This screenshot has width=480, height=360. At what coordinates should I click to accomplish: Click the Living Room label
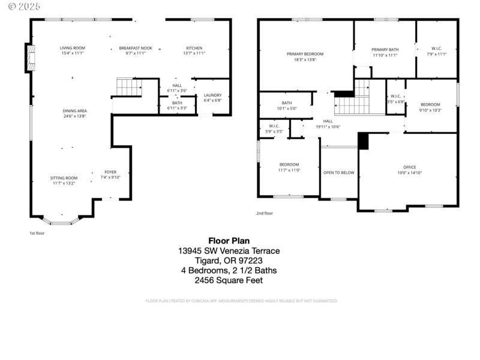(x=72, y=48)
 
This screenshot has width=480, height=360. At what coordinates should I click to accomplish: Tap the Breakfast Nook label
(x=136, y=48)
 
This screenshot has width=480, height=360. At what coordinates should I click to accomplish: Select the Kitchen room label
(x=194, y=48)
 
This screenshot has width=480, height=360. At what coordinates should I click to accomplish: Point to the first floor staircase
(x=128, y=87)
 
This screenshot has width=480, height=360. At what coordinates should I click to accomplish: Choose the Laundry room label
(x=212, y=95)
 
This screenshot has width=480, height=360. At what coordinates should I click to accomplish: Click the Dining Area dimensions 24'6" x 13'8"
(x=74, y=116)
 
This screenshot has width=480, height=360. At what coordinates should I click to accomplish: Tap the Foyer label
(x=110, y=172)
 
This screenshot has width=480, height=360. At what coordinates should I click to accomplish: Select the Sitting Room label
(x=64, y=178)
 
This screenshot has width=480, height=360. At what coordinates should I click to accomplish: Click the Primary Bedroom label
(x=305, y=54)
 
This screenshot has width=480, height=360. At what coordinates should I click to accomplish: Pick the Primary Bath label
(x=385, y=50)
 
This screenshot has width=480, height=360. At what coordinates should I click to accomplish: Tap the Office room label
(x=409, y=167)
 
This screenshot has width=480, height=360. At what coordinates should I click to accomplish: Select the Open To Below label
(x=338, y=173)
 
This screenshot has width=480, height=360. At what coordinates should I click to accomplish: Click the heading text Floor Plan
(x=229, y=241)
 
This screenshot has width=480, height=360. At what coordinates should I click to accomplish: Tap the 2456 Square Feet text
(x=229, y=280)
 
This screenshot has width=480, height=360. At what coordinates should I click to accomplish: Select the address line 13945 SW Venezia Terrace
(x=229, y=251)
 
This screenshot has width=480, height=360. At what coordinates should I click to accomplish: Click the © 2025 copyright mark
(x=20, y=7)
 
